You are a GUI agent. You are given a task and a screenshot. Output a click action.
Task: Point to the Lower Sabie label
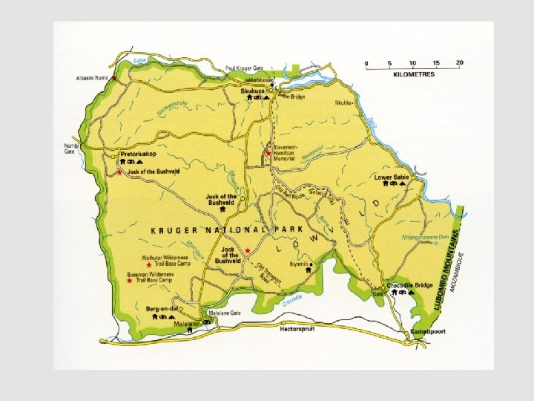392,177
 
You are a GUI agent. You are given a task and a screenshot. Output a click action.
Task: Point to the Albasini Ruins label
91,78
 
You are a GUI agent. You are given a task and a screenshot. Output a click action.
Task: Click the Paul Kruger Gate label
244,68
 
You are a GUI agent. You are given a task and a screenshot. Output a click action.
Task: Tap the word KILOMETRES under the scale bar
414,74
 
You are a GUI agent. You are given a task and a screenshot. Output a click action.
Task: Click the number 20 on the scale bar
460,62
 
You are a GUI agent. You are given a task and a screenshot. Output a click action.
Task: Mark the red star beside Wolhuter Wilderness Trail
149,264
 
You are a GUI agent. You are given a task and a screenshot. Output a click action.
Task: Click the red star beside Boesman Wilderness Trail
131,281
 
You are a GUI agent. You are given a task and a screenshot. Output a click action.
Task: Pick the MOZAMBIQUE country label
461,272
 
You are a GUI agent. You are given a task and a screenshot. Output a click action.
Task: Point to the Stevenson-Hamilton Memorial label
285,153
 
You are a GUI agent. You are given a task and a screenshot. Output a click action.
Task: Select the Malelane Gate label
225,313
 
